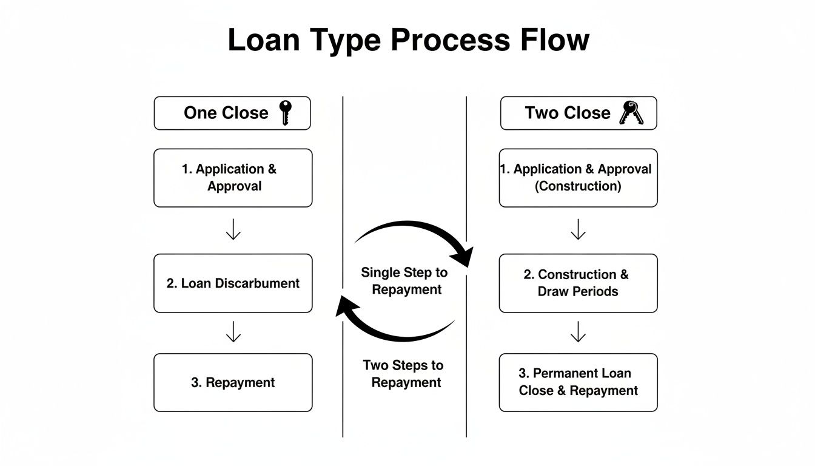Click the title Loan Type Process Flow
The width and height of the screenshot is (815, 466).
(x=407, y=40)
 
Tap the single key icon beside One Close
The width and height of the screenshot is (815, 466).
(x=284, y=113)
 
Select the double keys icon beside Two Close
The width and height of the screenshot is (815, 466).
(x=631, y=113)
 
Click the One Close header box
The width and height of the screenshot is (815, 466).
(x=232, y=113)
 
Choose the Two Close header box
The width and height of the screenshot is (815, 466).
(x=578, y=113)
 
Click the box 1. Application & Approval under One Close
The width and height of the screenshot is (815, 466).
(x=233, y=178)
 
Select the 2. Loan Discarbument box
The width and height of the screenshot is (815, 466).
(x=233, y=283)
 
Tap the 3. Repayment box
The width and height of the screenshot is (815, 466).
(x=233, y=383)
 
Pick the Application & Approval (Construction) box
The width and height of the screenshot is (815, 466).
(x=578, y=178)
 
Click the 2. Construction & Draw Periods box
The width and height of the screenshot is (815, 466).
(x=578, y=283)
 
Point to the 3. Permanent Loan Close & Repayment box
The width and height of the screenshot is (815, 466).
(x=578, y=383)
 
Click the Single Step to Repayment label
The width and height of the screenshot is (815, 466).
(x=405, y=281)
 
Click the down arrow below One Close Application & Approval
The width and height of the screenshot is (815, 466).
(x=233, y=231)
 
